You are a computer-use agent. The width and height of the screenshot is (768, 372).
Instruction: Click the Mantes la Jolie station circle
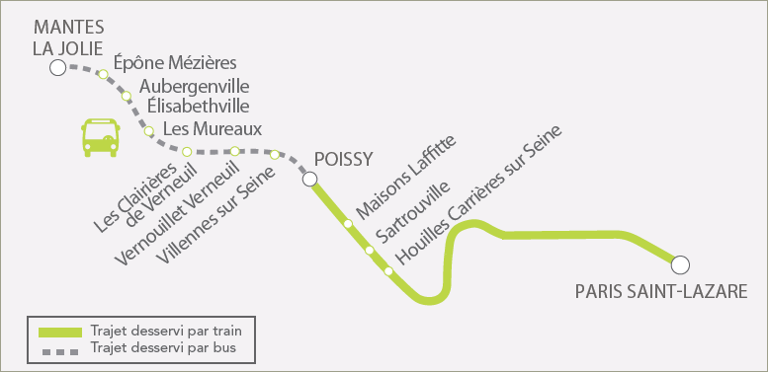coord(57,68)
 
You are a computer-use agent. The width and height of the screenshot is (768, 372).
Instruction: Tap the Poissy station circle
coord(309,180)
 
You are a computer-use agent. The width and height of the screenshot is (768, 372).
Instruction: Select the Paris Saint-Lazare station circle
coord(680,264)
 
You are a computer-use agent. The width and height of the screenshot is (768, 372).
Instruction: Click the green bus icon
coord(101,137)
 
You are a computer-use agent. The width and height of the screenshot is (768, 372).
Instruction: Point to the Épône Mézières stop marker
coord(104,74)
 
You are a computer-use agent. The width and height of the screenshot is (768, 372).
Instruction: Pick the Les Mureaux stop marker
coord(149,131)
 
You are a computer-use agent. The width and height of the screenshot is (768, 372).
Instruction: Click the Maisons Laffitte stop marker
coord(348,224)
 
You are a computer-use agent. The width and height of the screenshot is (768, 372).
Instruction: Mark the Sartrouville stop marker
coord(370,251)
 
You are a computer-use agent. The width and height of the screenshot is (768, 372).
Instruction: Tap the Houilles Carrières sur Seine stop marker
coord(388,270)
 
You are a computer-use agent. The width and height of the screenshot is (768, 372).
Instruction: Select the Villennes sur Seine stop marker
coord(275,155)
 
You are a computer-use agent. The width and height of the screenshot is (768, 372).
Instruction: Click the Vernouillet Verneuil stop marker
coord(235,151)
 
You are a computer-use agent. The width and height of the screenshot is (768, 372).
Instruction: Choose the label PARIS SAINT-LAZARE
coord(661,292)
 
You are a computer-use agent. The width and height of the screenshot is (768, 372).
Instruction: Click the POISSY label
coord(344,159)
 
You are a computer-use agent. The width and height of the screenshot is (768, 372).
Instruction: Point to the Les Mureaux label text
coord(213,129)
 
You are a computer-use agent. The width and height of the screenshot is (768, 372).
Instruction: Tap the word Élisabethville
coord(194,106)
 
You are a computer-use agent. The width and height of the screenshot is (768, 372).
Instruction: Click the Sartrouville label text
coord(412,212)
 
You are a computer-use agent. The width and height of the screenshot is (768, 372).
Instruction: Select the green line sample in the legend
coord(60,333)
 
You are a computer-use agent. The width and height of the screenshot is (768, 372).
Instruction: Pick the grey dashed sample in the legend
coord(60,351)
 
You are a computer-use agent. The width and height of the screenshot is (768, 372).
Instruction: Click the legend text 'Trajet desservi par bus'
coord(163,348)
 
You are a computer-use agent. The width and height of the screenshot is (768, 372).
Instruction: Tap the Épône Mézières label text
coord(175,63)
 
